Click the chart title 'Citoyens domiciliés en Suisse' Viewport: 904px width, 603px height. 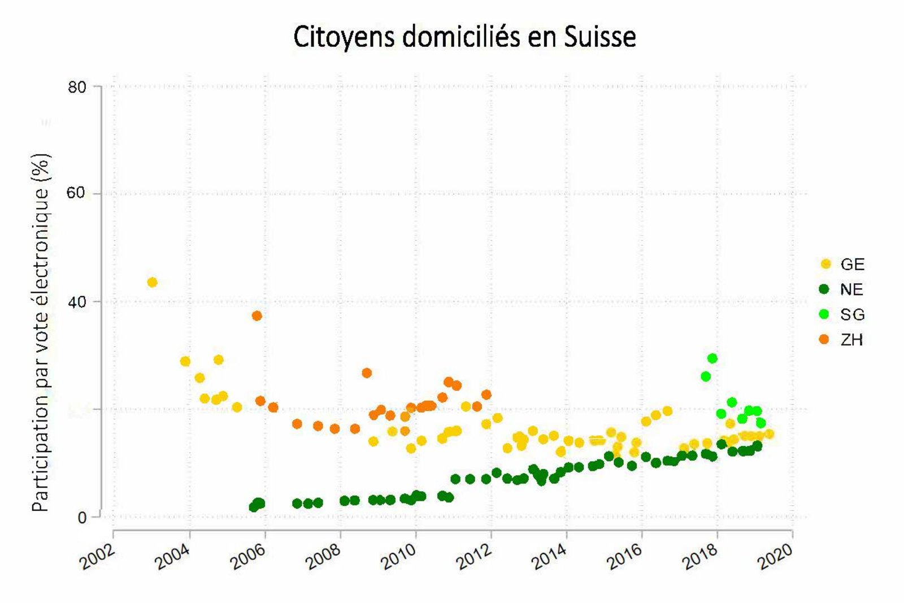tap(464, 37)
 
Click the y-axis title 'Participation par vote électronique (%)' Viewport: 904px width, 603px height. tap(41, 333)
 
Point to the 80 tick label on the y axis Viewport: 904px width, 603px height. tap(77, 87)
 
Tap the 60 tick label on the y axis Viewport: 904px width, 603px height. tap(77, 193)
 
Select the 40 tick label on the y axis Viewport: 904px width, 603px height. tap(77, 302)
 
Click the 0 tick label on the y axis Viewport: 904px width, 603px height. tap(82, 518)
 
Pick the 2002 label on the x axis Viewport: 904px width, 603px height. tap(97, 557)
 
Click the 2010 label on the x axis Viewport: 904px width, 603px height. tap(399, 557)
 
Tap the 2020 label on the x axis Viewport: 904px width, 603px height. tap(776, 557)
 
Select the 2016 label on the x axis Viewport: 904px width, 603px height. tap(625, 557)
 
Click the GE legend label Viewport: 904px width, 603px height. tap(853, 264)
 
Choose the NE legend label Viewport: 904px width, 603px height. tap(851, 289)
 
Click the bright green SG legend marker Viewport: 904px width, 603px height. tap(824, 314)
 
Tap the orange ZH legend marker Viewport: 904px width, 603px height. tap(824, 339)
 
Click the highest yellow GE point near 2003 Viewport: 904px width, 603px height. tap(152, 282)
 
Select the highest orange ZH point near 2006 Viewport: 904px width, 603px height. tap(257, 315)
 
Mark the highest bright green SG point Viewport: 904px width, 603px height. tap(712, 358)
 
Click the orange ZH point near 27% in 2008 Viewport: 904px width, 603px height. tap(367, 373)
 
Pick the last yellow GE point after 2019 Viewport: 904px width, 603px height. tap(769, 434)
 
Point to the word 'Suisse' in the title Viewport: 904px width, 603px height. tap(600, 37)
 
